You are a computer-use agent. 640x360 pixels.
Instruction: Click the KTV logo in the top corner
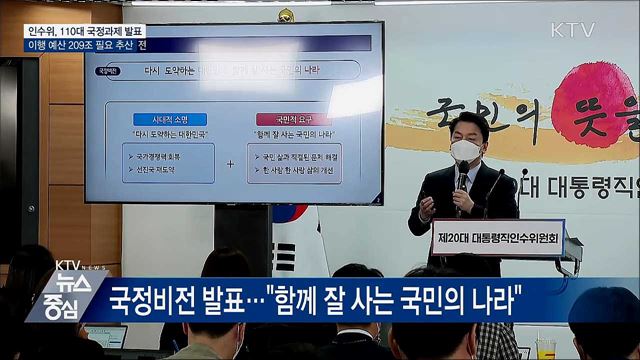click(572, 29)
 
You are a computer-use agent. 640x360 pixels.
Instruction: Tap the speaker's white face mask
click(464, 151)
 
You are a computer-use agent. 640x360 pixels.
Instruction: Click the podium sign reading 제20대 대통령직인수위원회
click(498, 237)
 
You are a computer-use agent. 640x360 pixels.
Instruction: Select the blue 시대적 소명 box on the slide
click(170, 119)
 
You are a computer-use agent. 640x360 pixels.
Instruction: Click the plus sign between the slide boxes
click(230, 163)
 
